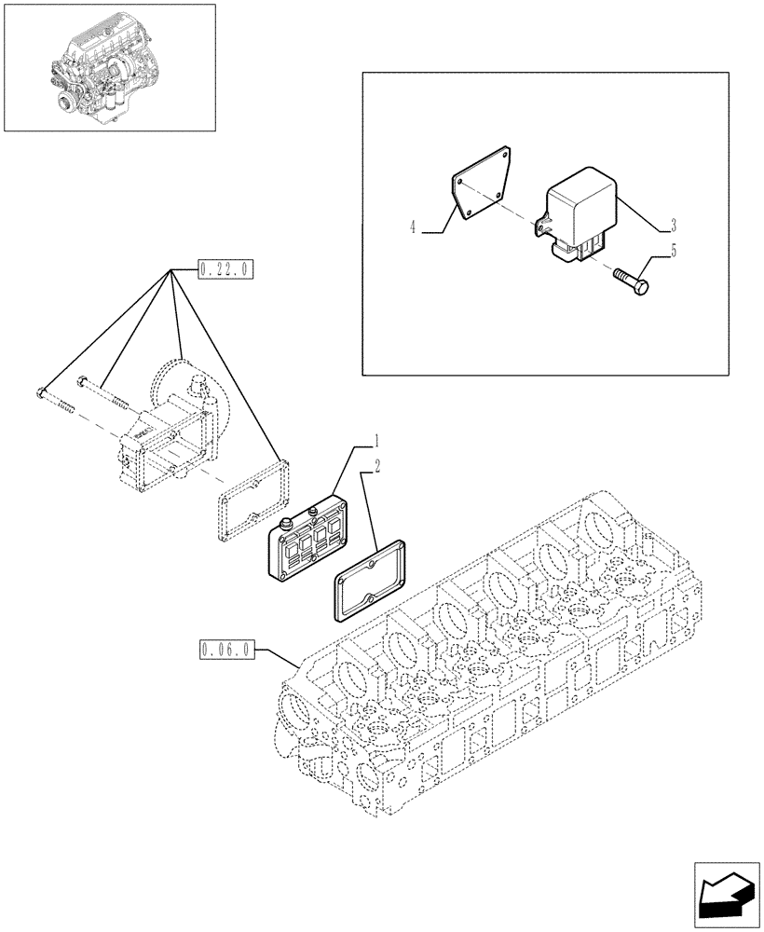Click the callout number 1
click(376, 439)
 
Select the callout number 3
click(673, 226)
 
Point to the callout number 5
click(673, 250)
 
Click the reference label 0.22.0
click(225, 270)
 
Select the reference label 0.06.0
click(225, 650)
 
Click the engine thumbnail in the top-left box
click(109, 67)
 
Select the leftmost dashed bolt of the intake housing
click(55, 399)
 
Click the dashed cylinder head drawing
click(503, 671)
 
